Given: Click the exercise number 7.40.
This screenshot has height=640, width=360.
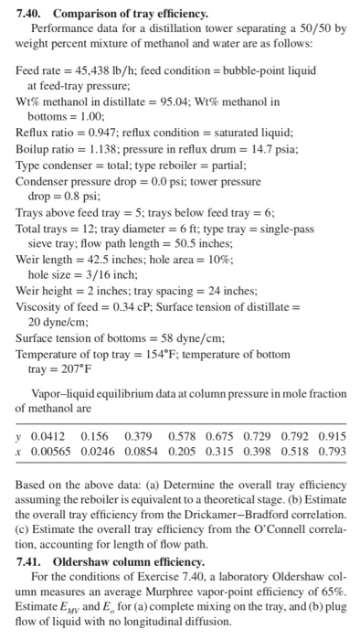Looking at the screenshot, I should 30,13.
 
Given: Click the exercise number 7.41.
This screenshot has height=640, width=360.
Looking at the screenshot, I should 30,560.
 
